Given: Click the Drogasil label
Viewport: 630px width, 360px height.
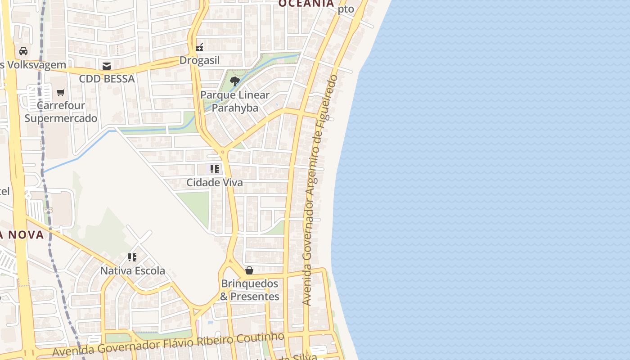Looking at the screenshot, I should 199,60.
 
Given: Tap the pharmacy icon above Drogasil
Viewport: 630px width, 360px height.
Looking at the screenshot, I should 199,47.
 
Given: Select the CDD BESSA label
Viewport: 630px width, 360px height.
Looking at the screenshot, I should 107,79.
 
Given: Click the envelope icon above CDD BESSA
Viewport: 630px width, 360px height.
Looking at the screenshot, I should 107,66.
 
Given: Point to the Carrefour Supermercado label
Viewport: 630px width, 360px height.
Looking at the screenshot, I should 61,112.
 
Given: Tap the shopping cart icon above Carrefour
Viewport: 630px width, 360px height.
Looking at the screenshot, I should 61,93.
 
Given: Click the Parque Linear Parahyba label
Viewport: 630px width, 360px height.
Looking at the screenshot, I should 234,101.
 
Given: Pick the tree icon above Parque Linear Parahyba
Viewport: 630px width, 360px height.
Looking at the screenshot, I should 234,81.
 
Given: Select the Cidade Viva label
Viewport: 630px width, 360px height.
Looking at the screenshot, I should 215,183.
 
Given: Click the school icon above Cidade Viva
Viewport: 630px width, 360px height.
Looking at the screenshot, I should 215,169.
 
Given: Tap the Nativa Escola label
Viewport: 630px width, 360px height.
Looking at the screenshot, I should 132,271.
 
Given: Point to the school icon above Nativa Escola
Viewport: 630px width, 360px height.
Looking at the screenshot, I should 132,257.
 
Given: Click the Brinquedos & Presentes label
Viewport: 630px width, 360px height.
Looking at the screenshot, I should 249,290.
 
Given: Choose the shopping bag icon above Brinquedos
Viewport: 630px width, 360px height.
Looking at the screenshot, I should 249,270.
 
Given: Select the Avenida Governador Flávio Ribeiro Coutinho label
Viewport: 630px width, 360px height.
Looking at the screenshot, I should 168,344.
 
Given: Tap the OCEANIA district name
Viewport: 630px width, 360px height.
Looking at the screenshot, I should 306,4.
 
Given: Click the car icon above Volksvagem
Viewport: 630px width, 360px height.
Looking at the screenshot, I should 23,51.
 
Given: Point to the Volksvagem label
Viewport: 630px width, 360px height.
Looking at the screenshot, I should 33,65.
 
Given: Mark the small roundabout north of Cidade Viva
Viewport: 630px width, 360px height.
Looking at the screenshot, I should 222,152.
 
